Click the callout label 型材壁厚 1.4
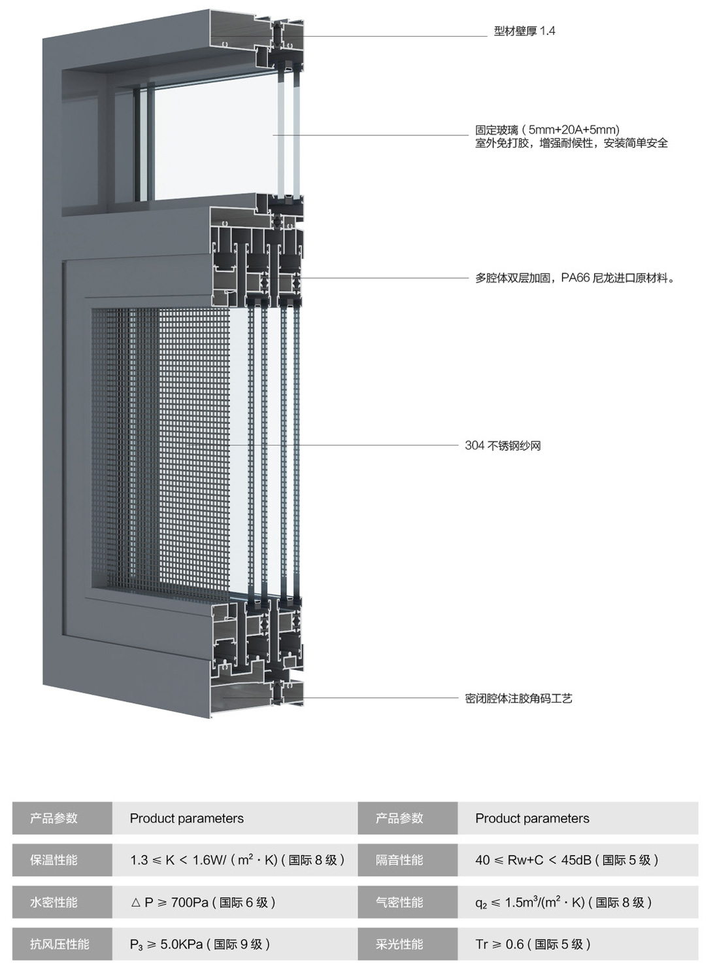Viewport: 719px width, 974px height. (x=524, y=31)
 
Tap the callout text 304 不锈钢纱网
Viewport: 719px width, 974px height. (x=503, y=445)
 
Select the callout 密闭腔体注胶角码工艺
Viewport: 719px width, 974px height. (x=518, y=699)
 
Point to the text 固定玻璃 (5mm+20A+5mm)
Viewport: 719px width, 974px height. (x=547, y=130)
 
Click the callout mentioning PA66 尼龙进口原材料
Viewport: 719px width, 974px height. (x=575, y=278)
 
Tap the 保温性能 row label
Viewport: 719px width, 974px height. (x=54, y=860)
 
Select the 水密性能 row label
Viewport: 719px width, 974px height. (x=54, y=903)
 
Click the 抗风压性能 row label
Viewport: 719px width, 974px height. (x=59, y=945)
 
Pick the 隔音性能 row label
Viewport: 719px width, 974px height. (x=399, y=860)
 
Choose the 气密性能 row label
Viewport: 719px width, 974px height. (x=399, y=903)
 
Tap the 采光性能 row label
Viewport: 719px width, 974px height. (x=399, y=945)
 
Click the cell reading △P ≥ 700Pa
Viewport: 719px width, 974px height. (x=203, y=903)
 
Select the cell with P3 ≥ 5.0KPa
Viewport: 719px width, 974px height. (x=200, y=945)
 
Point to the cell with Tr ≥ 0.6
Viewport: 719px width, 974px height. (x=533, y=945)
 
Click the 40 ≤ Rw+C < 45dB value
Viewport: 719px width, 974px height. (x=566, y=860)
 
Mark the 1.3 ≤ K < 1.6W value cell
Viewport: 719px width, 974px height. (x=237, y=860)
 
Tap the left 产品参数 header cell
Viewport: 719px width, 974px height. (x=54, y=818)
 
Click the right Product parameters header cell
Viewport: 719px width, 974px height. (x=532, y=818)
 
